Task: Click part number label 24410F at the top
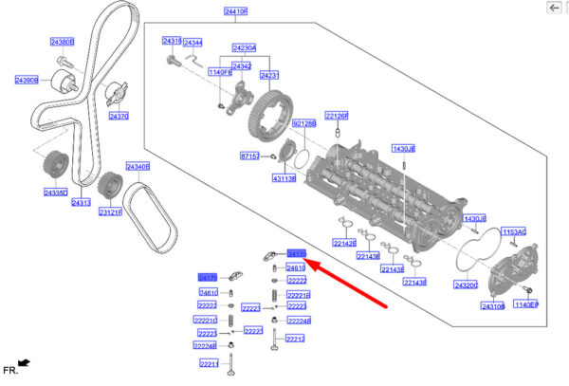click(x=236, y=11)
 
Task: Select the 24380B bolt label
click(x=62, y=42)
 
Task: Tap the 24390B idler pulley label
click(x=27, y=81)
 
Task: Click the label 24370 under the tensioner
click(x=119, y=116)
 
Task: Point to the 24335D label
click(x=56, y=193)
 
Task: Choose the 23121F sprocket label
click(x=111, y=212)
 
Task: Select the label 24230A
click(x=245, y=46)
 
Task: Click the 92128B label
click(x=303, y=124)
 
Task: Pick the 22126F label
click(x=338, y=115)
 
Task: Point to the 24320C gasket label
click(x=466, y=285)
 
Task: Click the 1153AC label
click(x=514, y=231)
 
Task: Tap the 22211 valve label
click(x=209, y=363)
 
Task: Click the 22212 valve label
click(x=296, y=339)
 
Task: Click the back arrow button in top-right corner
click(x=555, y=8)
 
